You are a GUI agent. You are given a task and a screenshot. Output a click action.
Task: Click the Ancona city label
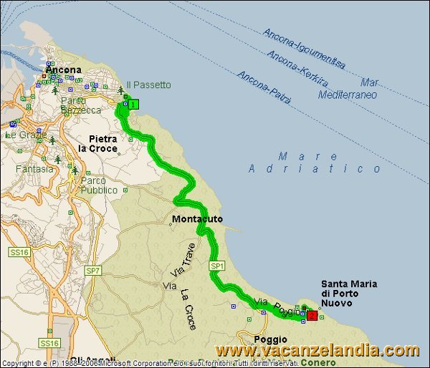click(65, 69)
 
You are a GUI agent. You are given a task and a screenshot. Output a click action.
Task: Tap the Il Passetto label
click(148, 84)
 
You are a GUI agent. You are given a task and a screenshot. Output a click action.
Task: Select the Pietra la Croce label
click(101, 143)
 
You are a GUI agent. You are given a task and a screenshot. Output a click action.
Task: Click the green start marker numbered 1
click(134, 105)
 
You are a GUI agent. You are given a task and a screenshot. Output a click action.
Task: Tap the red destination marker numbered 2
click(312, 314)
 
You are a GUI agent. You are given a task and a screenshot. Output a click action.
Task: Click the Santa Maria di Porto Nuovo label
click(348, 294)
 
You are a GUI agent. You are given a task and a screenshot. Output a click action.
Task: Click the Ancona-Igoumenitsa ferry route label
click(304, 49)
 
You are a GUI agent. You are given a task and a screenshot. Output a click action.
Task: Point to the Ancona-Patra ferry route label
click(264, 87)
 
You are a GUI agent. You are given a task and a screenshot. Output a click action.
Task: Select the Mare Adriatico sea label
click(315, 163)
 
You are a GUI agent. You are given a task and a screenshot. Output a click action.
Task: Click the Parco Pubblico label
click(99, 185)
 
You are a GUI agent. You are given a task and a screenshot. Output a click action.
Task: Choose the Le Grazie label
click(21, 135)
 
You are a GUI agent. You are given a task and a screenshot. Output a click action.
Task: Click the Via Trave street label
click(183, 262)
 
